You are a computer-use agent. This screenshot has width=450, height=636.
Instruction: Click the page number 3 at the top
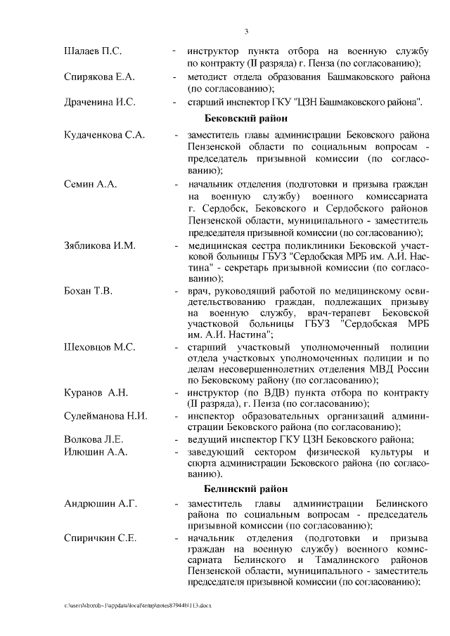[x=246, y=31]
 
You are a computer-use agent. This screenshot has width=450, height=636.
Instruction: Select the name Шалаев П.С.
[x=93, y=51]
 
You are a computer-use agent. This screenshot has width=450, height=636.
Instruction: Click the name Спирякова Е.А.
[x=99, y=77]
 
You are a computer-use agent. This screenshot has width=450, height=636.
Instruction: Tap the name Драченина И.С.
[x=99, y=102]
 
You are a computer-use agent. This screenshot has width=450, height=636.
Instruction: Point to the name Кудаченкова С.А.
[x=104, y=135]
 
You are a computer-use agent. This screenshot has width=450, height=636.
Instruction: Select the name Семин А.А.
[x=90, y=184]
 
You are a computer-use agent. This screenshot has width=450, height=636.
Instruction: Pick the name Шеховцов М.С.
[x=99, y=347]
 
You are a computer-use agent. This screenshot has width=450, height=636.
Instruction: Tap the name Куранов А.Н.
[x=96, y=392]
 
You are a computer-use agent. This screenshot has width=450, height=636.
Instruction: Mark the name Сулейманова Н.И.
[x=105, y=415]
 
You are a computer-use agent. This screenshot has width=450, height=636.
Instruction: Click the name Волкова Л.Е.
[x=94, y=440]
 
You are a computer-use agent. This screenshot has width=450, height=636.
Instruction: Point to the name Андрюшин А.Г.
[x=101, y=504]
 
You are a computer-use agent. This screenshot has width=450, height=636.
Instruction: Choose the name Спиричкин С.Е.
[x=101, y=538]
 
